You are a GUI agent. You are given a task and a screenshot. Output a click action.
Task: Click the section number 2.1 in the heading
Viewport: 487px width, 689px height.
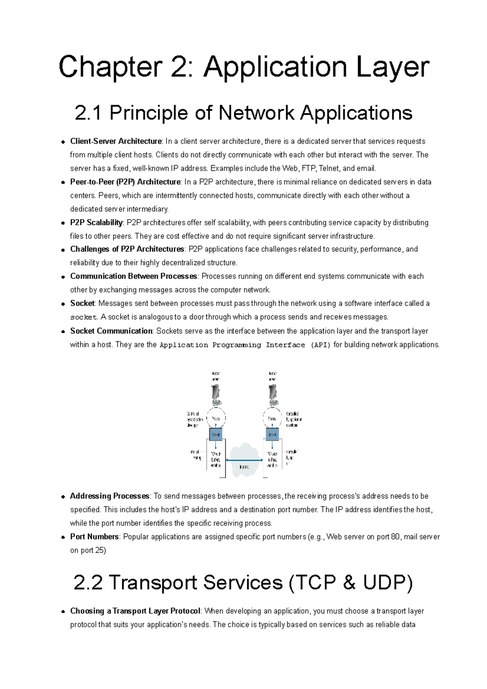pyautogui.click(x=88, y=113)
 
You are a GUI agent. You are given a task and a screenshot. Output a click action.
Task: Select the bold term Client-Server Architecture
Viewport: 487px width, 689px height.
pyautogui.click(x=116, y=141)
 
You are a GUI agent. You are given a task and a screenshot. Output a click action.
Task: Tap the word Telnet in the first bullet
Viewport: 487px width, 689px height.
pyautogui.click(x=329, y=168)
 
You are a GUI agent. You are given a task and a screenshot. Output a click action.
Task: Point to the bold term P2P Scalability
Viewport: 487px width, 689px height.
pyautogui.click(x=96, y=222)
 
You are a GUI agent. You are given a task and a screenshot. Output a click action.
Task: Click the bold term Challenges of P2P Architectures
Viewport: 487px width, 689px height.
pyautogui.click(x=127, y=249)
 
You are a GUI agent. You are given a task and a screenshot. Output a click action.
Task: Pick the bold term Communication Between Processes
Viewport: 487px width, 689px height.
pyautogui.click(x=134, y=276)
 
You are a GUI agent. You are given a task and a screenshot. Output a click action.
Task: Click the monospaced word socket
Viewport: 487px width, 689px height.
pyautogui.click(x=84, y=317)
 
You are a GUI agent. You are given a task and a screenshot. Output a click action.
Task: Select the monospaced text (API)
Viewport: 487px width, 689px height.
pyautogui.click(x=321, y=345)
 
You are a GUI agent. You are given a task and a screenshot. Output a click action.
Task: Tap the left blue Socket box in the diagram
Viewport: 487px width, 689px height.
pyautogui.click(x=215, y=435)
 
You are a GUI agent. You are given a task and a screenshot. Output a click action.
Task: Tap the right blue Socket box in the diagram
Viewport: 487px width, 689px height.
pyautogui.click(x=272, y=435)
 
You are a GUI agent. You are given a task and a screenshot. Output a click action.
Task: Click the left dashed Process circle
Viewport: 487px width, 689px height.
pyautogui.click(x=216, y=418)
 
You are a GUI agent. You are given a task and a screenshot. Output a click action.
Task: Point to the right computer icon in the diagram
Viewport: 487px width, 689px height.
pyautogui.click(x=273, y=394)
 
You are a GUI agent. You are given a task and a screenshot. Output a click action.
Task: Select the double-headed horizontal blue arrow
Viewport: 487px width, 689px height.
pyautogui.click(x=244, y=460)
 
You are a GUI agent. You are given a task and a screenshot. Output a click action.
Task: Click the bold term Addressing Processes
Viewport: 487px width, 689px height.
pyautogui.click(x=110, y=496)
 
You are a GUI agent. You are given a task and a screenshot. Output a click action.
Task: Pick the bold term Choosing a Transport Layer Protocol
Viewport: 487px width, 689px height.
pyautogui.click(x=135, y=611)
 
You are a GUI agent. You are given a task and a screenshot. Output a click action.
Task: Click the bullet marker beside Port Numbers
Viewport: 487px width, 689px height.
pyautogui.click(x=63, y=537)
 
